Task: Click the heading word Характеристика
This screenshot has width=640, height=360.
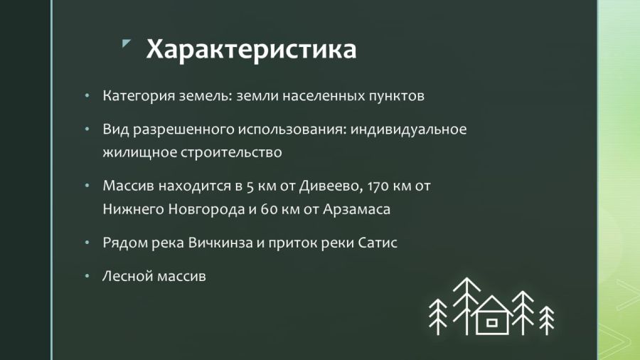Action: click(251, 49)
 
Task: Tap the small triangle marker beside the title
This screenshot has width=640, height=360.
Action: click(126, 43)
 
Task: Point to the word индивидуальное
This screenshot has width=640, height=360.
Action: click(408, 129)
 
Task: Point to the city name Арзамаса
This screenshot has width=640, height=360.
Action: click(356, 209)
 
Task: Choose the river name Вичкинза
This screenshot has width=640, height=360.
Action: click(220, 243)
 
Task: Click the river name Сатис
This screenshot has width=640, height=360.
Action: click(378, 243)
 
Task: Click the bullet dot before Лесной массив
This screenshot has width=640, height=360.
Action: click(87, 276)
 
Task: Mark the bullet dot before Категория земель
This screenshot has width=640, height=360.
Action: click(87, 96)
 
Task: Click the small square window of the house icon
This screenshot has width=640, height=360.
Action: click(492, 323)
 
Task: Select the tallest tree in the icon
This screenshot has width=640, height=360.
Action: click(466, 306)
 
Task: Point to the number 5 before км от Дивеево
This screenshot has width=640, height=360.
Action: click(249, 186)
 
